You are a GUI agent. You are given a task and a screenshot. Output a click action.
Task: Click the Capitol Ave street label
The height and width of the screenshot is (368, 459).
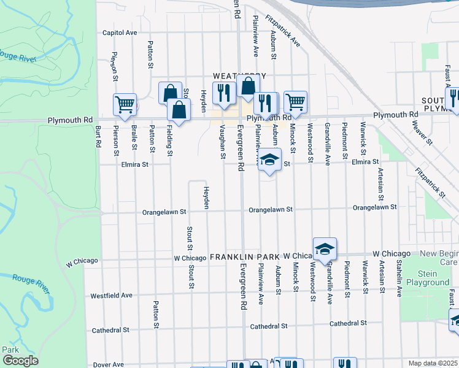tap(120, 33)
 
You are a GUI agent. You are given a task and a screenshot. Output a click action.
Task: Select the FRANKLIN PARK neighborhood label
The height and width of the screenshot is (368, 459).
tap(245, 256)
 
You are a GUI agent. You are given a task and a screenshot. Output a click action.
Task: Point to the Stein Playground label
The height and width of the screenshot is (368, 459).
tap(427, 278)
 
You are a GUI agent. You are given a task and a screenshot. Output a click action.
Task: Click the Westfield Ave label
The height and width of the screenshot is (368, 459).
tap(112, 295)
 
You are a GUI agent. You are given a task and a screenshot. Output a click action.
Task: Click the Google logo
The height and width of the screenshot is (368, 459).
tap(20, 361)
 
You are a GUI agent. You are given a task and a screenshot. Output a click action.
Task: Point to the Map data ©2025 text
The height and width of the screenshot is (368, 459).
tap(433, 363)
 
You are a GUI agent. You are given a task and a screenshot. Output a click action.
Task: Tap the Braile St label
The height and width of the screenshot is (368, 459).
tap(133, 138)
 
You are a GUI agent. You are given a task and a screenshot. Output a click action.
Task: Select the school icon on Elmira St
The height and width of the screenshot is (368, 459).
tap(269, 161)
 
